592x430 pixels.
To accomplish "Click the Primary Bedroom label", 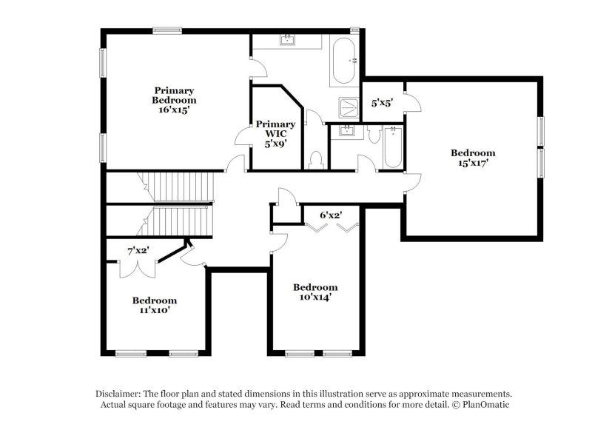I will tap(174, 95).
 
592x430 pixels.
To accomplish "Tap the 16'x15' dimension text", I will tap(174, 110).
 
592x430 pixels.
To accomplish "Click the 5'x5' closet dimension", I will tap(382, 104).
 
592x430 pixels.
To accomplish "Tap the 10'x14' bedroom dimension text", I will tap(315, 298).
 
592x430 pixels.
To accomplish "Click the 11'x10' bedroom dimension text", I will tap(155, 311).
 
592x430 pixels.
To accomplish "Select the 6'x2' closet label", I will tap(330, 215).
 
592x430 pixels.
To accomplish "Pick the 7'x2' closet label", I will tap(138, 251).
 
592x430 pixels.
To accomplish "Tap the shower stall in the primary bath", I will tap(348, 107).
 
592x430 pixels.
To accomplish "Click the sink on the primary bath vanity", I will tap(286, 40).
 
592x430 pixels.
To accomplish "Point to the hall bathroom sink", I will tap(346, 132).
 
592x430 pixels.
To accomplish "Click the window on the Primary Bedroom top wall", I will tap(169, 30).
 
